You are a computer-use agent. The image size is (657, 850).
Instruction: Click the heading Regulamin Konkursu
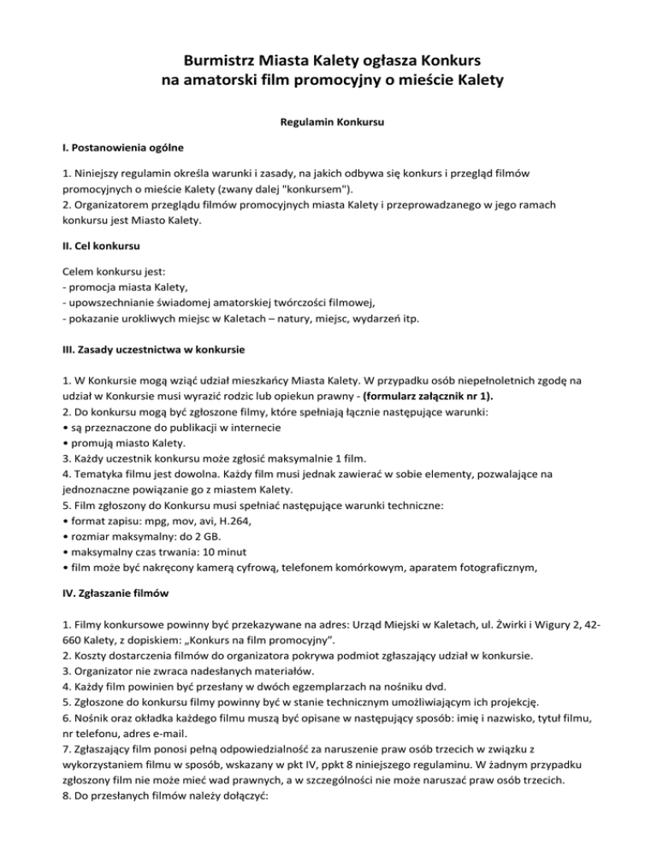coord(328,122)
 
